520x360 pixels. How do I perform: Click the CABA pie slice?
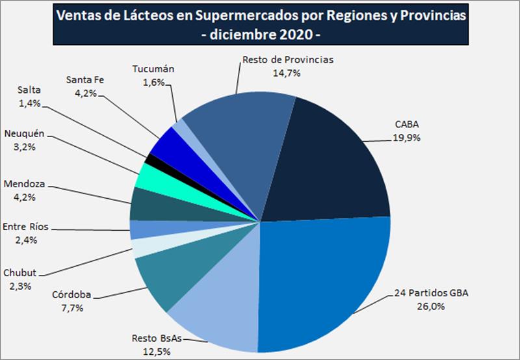[x=331, y=162]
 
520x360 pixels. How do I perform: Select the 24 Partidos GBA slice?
[x=325, y=279]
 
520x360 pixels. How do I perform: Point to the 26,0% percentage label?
[x=430, y=305]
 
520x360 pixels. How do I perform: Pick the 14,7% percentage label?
[x=287, y=73]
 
